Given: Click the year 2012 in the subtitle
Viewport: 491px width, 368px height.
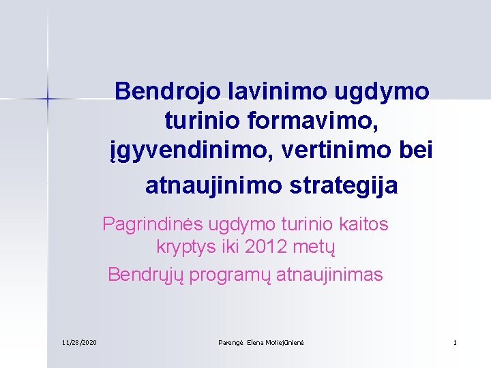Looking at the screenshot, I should point(266,247).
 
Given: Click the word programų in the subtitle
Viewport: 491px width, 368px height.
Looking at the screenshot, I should point(226,275).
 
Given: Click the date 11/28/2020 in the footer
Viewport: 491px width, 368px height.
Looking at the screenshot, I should point(79,341).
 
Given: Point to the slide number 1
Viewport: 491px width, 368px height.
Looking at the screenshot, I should point(455,341).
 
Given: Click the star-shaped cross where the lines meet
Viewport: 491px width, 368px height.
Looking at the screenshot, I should point(48,99).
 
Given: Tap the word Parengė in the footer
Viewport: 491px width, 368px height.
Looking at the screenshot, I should point(227,341).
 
